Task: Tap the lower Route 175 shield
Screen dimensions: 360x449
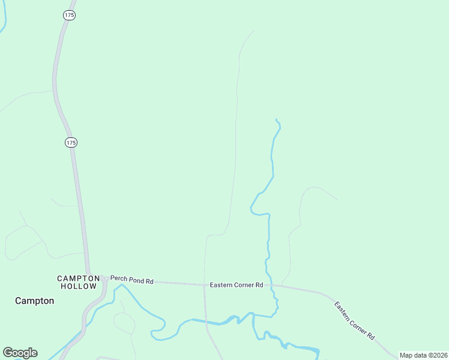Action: [x=71, y=142]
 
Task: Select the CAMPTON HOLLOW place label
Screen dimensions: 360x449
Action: [x=78, y=282]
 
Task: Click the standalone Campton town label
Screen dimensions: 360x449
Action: [x=34, y=301]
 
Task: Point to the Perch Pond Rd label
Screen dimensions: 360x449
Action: [x=132, y=281]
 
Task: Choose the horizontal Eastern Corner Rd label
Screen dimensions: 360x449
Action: [x=237, y=285]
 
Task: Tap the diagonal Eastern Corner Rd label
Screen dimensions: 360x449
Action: [x=355, y=320]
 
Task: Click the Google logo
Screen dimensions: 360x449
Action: [x=20, y=353]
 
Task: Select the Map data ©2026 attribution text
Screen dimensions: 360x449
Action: [x=423, y=355]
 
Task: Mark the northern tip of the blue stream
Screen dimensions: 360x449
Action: [x=276, y=119]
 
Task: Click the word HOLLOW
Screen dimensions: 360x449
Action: [x=78, y=286]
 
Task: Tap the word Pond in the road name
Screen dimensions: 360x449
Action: [x=136, y=281]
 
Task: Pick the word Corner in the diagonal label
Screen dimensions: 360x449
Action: [x=360, y=325]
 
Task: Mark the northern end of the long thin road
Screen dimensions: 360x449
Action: [x=254, y=31]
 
